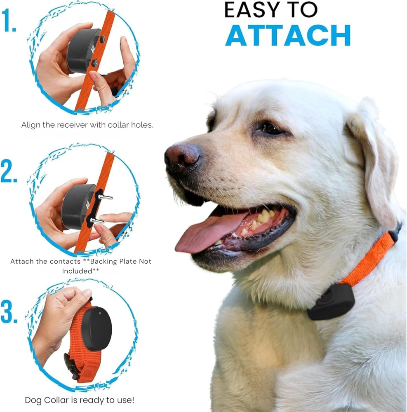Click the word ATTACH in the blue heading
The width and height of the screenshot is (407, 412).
(288, 35)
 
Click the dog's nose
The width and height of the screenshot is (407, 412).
(181, 155)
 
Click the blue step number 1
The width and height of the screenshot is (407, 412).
(9, 21)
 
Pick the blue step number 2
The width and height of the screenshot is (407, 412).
(9, 172)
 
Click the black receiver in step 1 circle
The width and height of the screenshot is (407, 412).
(82, 51)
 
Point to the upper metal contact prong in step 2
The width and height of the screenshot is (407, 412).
(105, 197)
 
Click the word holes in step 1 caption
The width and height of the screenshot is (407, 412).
(141, 125)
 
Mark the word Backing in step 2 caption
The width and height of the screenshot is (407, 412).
(101, 261)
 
